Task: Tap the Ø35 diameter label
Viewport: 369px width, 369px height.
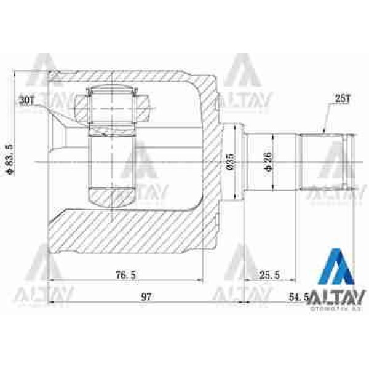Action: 229,161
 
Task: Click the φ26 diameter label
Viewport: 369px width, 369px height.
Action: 266,161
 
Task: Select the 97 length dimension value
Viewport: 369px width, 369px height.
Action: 146,298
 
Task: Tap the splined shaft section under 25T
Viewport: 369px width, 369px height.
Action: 324,161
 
